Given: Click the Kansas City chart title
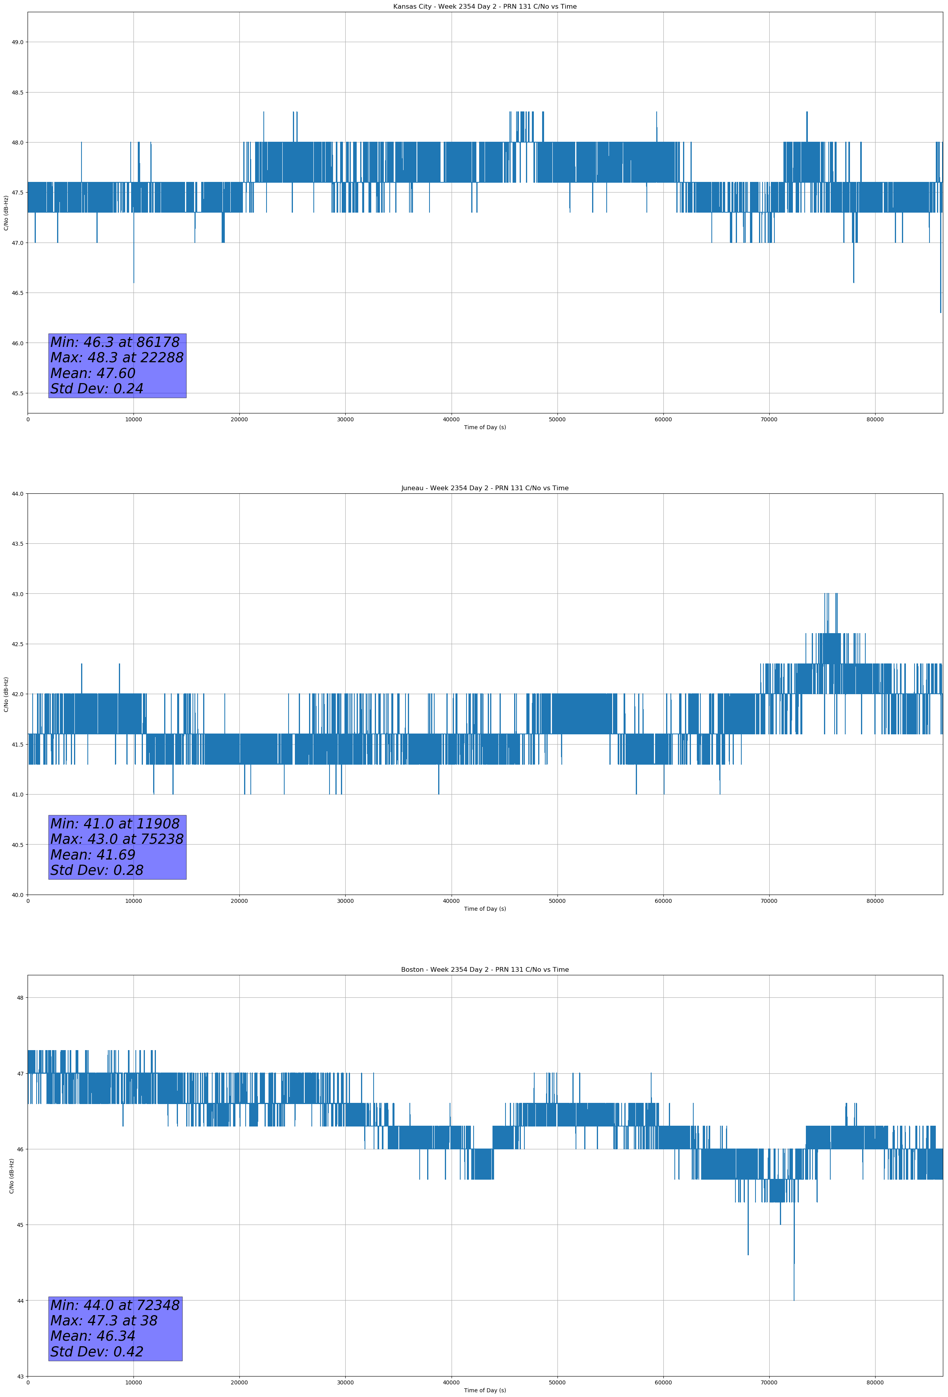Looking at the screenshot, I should click(485, 7).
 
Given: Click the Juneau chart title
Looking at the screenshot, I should click(485, 488).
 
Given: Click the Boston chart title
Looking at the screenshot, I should click(485, 970).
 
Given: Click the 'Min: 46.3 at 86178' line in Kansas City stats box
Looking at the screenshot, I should click(115, 343).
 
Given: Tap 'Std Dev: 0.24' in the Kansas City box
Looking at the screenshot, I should click(97, 389).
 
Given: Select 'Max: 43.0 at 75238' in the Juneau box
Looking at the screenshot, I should click(117, 839).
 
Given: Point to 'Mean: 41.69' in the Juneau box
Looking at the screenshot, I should click(93, 855).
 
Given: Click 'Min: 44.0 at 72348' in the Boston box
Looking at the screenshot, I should click(115, 1306).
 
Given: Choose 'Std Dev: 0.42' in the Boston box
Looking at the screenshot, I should click(97, 1352).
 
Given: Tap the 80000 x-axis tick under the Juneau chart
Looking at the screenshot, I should click(875, 901).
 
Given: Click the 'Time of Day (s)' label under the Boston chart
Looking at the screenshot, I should click(485, 1390).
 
